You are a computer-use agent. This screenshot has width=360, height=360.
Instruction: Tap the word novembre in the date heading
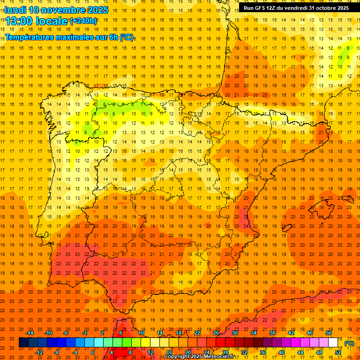(x=64, y=10)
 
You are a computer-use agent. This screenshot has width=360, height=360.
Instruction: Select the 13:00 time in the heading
(x=19, y=21)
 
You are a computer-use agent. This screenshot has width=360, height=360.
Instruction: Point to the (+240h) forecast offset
(x=83, y=21)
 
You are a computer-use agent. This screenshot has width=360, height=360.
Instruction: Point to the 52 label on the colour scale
(x=338, y=352)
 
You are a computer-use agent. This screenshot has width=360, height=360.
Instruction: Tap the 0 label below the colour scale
(x=93, y=352)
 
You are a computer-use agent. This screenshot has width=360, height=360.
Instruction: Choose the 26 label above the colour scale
(x=216, y=333)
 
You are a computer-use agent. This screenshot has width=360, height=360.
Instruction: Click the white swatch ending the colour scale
(x=333, y=343)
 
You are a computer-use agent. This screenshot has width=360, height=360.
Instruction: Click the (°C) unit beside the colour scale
(x=349, y=343)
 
